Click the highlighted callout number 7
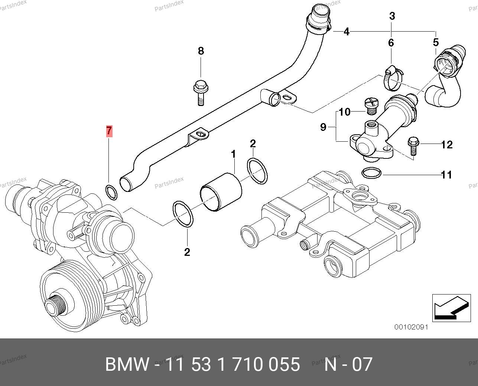[x=109, y=131]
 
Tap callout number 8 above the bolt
[x=201, y=51]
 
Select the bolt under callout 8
[x=200, y=93]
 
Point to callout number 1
[x=234, y=154]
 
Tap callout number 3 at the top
[x=392, y=16]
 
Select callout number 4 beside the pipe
[x=346, y=32]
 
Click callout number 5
[x=436, y=42]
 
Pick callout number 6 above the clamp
[x=391, y=43]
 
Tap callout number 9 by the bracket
[x=323, y=128]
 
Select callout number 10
[x=345, y=112]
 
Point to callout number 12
[x=447, y=145]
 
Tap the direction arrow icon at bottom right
[x=449, y=307]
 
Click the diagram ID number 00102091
[x=411, y=327]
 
